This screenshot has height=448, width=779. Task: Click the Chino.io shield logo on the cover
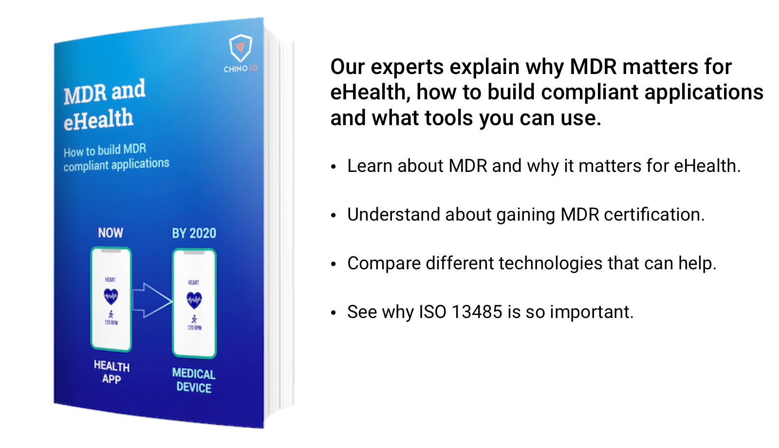click(241, 48)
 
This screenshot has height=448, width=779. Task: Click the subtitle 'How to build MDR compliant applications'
click(116, 158)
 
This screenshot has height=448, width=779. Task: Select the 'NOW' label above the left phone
click(111, 233)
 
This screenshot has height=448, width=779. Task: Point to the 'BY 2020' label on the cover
click(194, 233)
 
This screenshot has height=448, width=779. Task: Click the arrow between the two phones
click(152, 300)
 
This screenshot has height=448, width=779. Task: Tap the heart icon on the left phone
click(111, 296)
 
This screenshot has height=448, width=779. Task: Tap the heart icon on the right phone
click(194, 299)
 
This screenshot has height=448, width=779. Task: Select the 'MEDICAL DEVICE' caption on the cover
click(194, 380)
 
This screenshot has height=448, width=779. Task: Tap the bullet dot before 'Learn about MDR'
click(334, 167)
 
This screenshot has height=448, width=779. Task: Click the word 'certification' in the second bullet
click(653, 215)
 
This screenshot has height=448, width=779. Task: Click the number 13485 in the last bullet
click(477, 312)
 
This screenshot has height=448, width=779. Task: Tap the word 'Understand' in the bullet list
click(393, 215)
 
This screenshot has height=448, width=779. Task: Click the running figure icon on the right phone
click(194, 319)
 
